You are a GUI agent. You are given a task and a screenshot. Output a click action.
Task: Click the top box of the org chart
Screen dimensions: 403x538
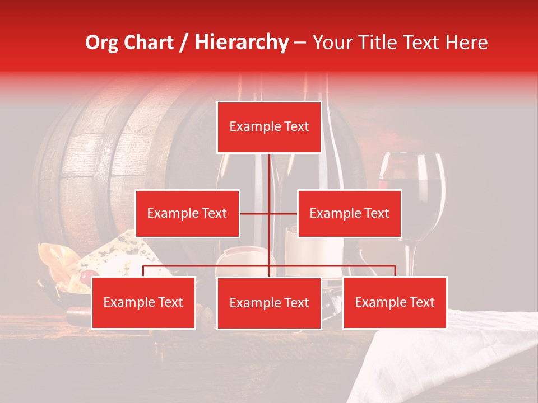[x=269, y=127]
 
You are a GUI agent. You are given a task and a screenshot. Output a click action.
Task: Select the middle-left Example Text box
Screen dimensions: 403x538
[x=187, y=213]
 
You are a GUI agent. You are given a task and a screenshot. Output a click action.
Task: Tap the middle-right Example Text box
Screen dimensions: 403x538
[x=349, y=213]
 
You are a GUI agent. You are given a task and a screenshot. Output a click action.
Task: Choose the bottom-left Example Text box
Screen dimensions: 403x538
[x=143, y=302]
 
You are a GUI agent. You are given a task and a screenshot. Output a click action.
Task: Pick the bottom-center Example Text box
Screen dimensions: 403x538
[x=269, y=303]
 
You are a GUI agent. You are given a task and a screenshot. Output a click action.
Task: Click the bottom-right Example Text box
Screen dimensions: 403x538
[x=395, y=302]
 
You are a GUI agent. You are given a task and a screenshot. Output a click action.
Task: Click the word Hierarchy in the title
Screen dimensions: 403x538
[x=241, y=43]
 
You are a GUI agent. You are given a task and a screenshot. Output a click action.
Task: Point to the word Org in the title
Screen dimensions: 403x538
[x=103, y=43]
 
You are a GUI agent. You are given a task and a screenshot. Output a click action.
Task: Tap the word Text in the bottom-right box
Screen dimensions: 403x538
[x=421, y=302]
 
